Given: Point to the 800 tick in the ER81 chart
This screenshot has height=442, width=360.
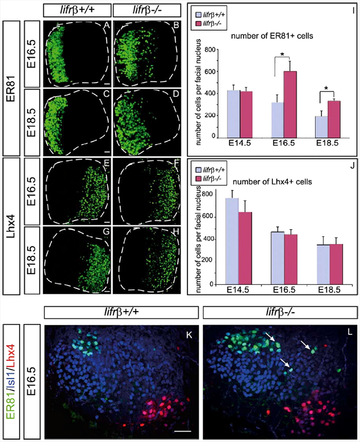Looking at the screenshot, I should (211, 50).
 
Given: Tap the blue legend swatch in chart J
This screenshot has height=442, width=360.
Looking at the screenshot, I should (198, 171).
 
